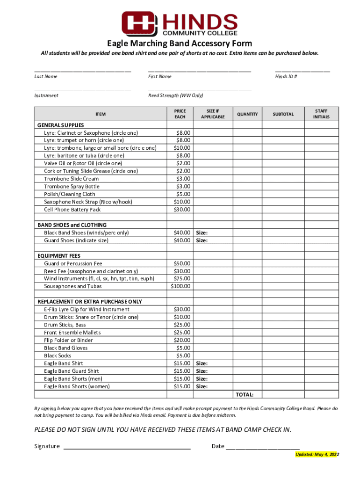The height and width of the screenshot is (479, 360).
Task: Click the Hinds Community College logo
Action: [180, 23]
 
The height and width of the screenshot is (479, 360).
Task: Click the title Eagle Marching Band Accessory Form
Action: [180, 44]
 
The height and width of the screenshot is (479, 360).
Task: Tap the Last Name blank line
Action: [82, 71]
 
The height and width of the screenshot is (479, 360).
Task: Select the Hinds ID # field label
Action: [286, 76]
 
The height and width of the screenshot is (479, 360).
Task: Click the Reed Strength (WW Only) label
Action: [175, 95]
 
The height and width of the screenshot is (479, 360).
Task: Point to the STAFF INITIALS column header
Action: [321, 114]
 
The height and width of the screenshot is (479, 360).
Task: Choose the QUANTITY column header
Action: [247, 114]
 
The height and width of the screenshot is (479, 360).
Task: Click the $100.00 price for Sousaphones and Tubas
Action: [180, 286]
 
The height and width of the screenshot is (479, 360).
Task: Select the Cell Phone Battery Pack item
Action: [72, 210]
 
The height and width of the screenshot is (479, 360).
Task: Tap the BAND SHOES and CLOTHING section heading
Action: [72, 225]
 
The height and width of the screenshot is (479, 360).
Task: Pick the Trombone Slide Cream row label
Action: [72, 179]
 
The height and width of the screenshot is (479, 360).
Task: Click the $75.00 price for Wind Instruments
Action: [182, 279]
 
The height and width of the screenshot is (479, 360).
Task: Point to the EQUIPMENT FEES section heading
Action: [59, 256]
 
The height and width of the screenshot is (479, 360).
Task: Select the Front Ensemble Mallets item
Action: [72, 333]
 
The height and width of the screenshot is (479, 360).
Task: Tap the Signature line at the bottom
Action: [127, 448]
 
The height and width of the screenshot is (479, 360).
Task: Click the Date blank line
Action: [262, 448]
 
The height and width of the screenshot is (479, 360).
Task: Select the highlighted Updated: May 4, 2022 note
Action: [317, 455]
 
